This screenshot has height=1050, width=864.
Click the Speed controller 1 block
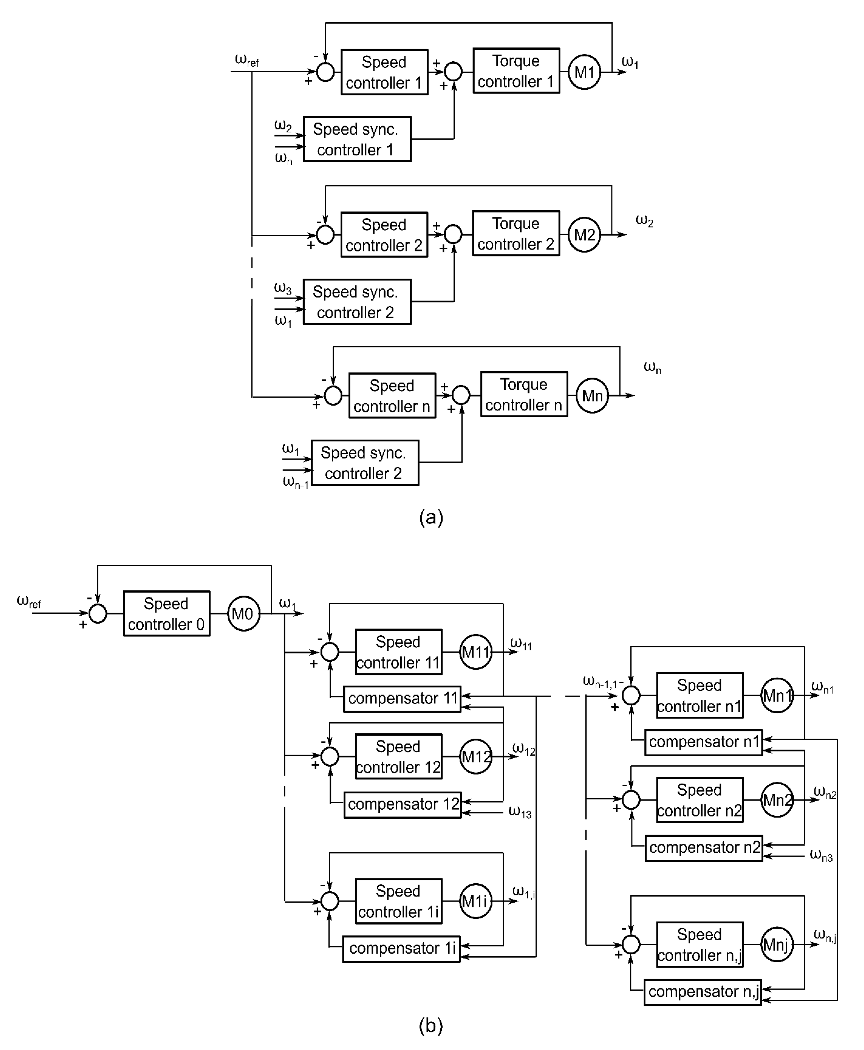[x=384, y=72]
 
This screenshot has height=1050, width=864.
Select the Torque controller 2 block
[x=516, y=233]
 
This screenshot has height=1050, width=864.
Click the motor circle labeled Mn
[x=592, y=396]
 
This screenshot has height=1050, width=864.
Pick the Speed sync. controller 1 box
[x=357, y=139]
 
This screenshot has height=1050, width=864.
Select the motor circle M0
[x=243, y=614]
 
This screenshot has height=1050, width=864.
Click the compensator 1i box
[x=401, y=949]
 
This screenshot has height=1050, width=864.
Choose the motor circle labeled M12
[x=476, y=757]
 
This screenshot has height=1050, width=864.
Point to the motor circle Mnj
[x=777, y=945]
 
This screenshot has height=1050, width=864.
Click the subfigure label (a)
[x=431, y=518]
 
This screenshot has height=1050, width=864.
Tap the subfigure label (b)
[x=431, y=1026]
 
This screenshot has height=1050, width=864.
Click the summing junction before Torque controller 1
[x=453, y=72]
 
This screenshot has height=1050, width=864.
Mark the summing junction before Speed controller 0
[x=98, y=614]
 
